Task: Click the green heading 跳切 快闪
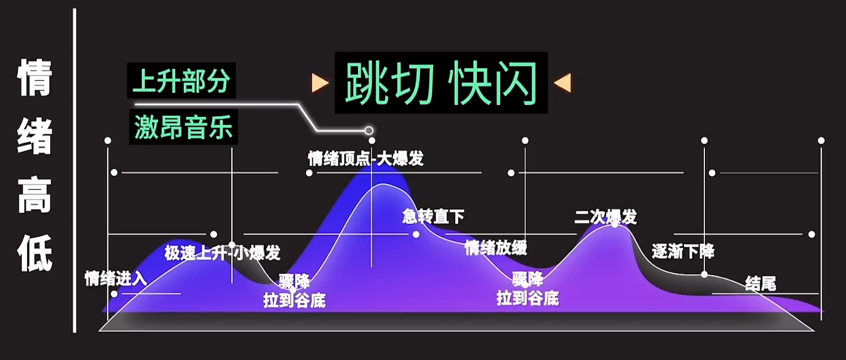pyautogui.click(x=441, y=83)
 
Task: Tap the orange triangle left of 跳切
pyautogui.click(x=320, y=83)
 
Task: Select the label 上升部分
pyautogui.click(x=181, y=81)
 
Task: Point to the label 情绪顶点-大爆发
pyautogui.click(x=366, y=159)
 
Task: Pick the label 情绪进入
pyautogui.click(x=116, y=278)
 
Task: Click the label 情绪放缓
pyautogui.click(x=496, y=248)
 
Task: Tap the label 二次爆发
pyautogui.click(x=605, y=217)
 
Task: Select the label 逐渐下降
pyautogui.click(x=683, y=252)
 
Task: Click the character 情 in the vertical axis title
pyautogui.click(x=35, y=78)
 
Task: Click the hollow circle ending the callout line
pyautogui.click(x=368, y=131)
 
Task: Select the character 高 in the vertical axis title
pyautogui.click(x=35, y=195)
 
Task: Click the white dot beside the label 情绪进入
pyautogui.click(x=114, y=294)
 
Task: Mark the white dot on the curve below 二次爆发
pyautogui.click(x=615, y=225)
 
